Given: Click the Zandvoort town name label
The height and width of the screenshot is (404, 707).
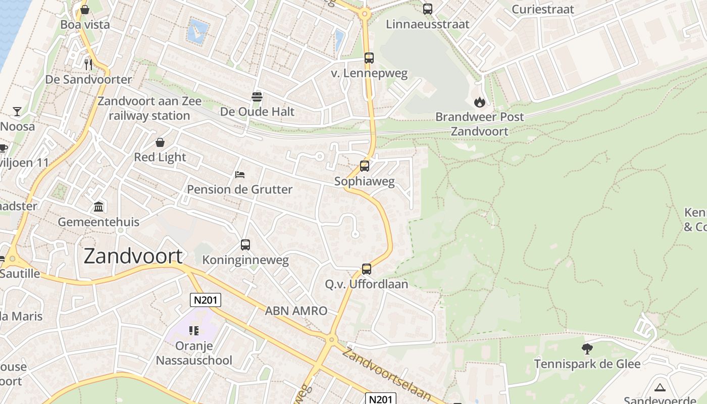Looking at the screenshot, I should click(133, 257).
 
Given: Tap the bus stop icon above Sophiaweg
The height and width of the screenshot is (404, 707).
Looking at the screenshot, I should click(364, 166).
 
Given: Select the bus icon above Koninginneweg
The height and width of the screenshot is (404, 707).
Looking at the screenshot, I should click(245, 245).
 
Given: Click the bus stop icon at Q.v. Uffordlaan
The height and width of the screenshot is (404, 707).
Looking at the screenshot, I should click(367, 269).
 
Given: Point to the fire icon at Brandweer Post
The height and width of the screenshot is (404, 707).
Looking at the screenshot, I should click(479, 102).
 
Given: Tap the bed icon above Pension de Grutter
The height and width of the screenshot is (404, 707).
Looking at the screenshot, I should click(240, 175).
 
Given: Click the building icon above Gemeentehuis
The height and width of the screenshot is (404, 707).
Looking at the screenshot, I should click(98, 207).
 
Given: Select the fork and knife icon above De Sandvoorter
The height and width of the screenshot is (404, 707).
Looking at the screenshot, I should click(88, 64).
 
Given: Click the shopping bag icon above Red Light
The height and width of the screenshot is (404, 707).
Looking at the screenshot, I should click(160, 142).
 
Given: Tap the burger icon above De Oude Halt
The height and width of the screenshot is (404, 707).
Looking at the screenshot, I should click(257, 96).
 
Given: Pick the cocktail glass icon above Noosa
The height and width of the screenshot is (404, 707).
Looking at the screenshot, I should click(17, 111).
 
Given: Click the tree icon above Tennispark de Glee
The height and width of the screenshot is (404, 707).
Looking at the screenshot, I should click(587, 348).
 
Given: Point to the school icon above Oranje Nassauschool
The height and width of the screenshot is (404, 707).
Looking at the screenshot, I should click(194, 331).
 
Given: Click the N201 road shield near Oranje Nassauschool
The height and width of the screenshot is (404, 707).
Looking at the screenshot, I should click(206, 300).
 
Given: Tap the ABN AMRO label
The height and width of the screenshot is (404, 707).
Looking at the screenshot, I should click(296, 311).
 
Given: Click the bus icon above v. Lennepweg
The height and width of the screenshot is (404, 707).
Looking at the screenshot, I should click(369, 58).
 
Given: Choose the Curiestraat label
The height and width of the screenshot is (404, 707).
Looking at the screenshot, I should click(543, 9).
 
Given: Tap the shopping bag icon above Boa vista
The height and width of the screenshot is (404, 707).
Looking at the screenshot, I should click(85, 10).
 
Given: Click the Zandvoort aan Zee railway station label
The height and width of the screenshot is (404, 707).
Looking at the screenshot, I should click(149, 108).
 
